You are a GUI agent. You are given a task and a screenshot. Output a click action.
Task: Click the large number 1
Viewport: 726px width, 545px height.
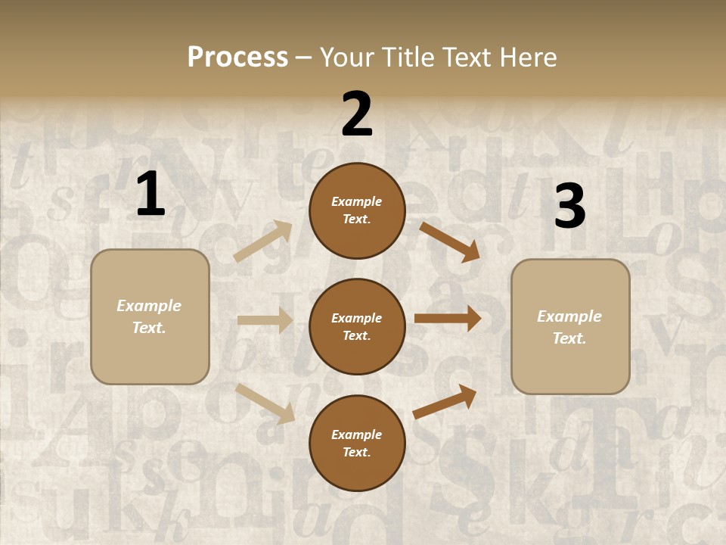pos(150,194)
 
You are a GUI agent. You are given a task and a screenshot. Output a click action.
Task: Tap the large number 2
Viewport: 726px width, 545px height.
pos(357,114)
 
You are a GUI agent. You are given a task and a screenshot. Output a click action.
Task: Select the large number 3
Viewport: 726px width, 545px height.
pos(569,207)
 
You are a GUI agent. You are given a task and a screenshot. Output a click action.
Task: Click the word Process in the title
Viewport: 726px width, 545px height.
pos(237,57)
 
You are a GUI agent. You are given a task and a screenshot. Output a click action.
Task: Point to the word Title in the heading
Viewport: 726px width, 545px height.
pos(408,57)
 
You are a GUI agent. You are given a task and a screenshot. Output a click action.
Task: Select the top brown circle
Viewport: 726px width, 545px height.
pos(357,210)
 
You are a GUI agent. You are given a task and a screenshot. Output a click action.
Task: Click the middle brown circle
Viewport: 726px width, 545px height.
pos(357,326)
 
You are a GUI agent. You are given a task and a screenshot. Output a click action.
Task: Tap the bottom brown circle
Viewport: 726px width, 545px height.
pos(357,443)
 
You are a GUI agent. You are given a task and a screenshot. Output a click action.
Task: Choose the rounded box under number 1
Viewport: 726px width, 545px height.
pos(150,316)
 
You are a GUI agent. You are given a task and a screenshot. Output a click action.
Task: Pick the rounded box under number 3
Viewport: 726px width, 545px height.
pos(570,326)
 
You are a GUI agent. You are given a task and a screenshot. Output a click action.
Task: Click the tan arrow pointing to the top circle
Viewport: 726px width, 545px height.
pos(263,241)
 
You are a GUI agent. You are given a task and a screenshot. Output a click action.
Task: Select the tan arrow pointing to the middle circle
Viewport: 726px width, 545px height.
pos(265,320)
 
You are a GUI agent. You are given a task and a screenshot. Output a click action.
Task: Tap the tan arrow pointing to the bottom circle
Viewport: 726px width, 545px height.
pos(265,403)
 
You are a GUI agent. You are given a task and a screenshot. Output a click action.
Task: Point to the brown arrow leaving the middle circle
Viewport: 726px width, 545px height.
pos(447,319)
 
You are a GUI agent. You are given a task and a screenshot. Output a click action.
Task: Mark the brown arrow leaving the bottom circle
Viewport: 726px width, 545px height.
pos(445,401)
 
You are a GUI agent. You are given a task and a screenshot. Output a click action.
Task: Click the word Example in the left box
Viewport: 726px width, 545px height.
pos(149,306)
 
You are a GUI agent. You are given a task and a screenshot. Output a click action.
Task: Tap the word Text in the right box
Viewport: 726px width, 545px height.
pos(569,338)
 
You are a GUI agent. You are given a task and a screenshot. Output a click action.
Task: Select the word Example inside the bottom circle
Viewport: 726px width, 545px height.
pos(356,434)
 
